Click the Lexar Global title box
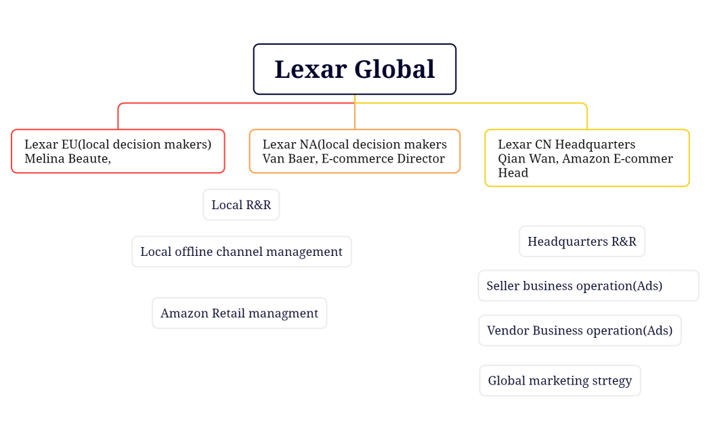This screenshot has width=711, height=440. tap(354, 69)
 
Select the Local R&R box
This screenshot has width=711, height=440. tap(241, 204)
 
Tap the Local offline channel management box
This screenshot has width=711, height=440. tap(241, 252)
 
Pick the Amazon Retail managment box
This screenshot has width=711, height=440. tap(239, 313)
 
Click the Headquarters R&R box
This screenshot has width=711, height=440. tap(582, 242)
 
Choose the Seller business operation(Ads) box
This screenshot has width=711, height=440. tap(588, 286)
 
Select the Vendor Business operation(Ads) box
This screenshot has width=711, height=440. tap(580, 330)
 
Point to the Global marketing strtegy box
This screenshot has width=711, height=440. tap(559, 380)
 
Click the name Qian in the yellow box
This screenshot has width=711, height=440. tap(512, 158)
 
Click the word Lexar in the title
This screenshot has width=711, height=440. tap(310, 69)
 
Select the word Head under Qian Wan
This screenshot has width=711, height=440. tap(513, 173)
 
